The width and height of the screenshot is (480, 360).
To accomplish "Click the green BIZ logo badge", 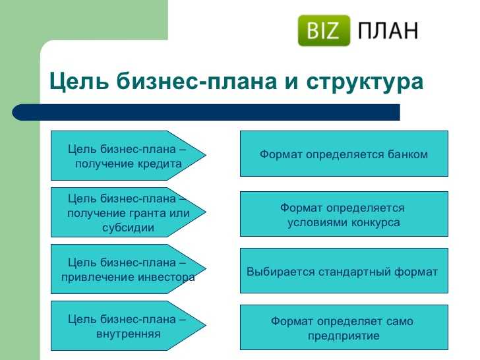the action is [x=324, y=30].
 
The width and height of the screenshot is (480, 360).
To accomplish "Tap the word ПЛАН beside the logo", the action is [x=388, y=30].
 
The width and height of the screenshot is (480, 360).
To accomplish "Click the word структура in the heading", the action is [x=365, y=82].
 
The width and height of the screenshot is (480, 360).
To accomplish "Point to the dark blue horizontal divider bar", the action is [x=206, y=112].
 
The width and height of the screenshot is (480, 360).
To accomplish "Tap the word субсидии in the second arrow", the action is [x=129, y=227].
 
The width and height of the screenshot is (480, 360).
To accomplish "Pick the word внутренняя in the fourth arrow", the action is [x=129, y=334].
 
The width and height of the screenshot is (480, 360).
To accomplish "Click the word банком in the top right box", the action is [x=407, y=154].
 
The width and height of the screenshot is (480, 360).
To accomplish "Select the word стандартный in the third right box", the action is [x=355, y=272].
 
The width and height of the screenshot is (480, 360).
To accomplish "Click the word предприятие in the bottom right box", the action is [x=344, y=336].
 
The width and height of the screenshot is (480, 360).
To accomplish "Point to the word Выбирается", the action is [x=281, y=272].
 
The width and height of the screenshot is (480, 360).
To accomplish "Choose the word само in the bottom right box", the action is [x=400, y=322].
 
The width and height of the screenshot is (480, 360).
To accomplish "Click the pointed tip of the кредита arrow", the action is [x=206, y=155].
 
